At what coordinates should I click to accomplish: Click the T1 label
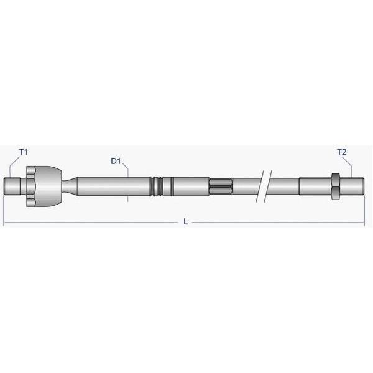point(24,152)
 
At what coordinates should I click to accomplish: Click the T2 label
point(342,152)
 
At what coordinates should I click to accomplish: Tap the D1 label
point(116,161)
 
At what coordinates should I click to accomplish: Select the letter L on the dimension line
point(185,222)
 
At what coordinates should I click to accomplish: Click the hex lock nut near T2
point(336,186)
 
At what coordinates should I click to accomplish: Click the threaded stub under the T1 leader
point(12,186)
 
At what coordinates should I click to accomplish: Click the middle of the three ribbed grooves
point(156,186)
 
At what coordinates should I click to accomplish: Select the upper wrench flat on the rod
point(220,182)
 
